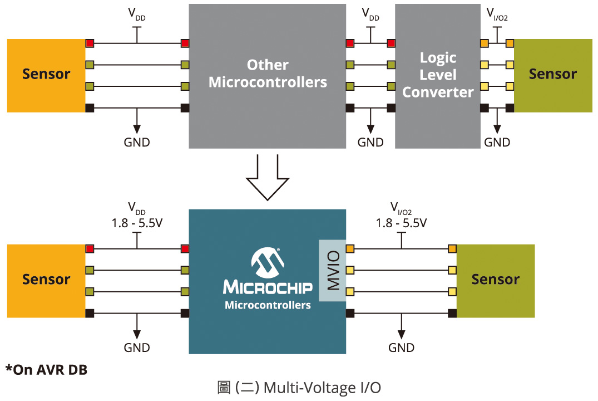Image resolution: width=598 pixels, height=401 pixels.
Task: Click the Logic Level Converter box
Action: point(437,76)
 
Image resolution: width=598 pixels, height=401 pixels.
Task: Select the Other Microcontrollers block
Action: point(267,76)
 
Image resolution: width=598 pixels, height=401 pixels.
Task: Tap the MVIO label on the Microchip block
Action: point(333,271)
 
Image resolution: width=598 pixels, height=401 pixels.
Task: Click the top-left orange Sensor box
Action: point(46,75)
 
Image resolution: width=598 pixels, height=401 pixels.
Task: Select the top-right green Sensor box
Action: point(552,75)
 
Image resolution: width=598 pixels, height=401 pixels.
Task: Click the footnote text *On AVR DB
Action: point(47,369)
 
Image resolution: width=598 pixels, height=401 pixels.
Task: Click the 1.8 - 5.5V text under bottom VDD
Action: point(137,223)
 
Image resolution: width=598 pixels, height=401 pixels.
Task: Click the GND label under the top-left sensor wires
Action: point(137,142)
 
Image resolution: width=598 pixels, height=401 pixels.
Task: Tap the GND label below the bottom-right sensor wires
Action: point(401,348)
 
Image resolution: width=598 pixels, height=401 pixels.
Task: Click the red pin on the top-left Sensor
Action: point(90,43)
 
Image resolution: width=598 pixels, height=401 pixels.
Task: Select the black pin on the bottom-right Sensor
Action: point(452,314)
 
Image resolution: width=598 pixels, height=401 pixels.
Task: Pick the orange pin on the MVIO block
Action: point(350,248)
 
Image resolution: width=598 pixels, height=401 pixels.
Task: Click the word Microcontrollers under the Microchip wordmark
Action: point(268,305)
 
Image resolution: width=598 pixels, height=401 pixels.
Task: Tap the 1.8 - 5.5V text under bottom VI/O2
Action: point(401,223)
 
